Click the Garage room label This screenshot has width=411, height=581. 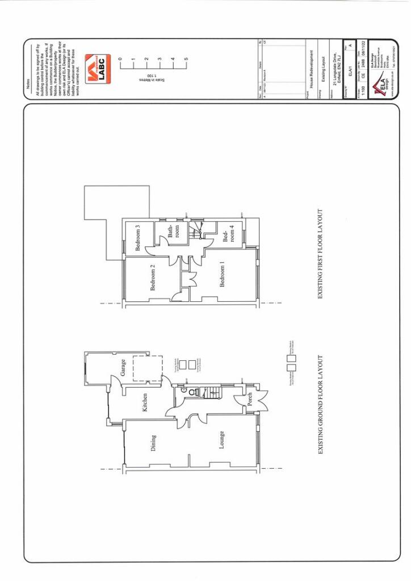pos(123,367)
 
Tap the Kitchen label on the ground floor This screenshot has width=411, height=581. pos(145,402)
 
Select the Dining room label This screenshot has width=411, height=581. pos(153,443)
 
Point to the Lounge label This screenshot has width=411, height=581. pos(221,440)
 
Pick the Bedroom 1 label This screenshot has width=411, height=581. pos(222,274)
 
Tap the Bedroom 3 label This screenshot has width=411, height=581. pos(139,238)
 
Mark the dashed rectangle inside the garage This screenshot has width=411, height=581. pos(148,368)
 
